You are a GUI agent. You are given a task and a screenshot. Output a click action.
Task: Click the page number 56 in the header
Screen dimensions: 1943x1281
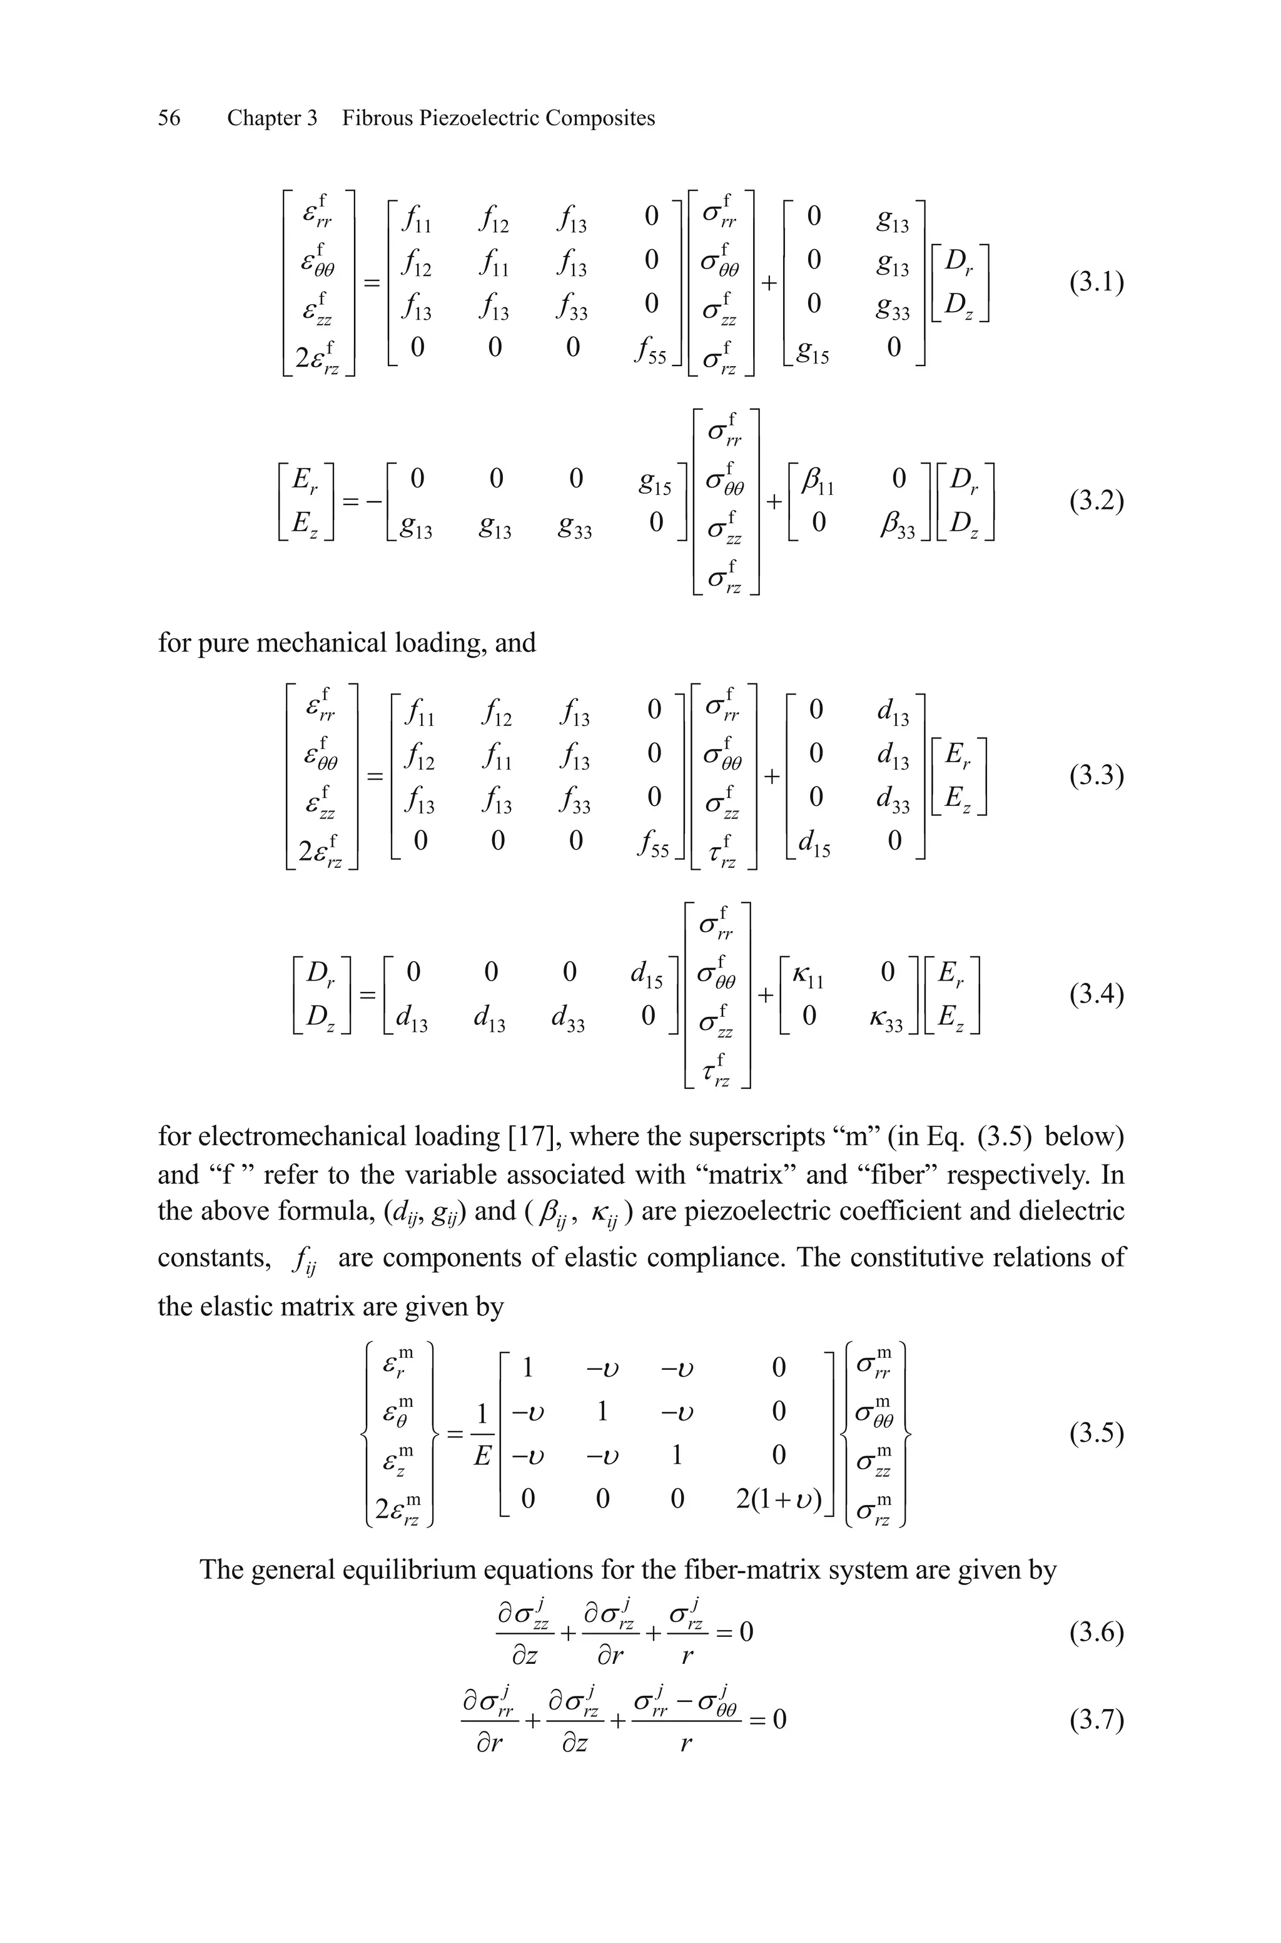[169, 118]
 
